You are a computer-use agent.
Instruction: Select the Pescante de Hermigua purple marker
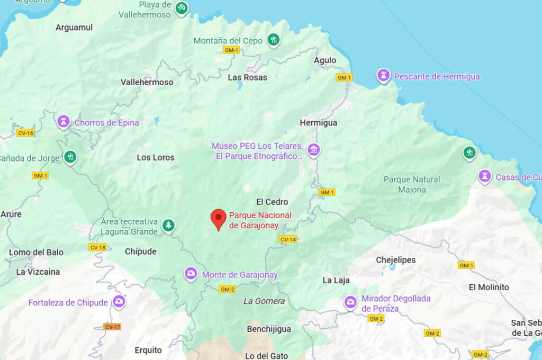383,76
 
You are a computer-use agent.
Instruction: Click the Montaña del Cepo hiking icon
273,40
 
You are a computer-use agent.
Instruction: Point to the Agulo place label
325,60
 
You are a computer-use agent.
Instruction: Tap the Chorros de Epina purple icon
64,122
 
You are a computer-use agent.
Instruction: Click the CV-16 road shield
25,133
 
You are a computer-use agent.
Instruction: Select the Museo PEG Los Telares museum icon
314,150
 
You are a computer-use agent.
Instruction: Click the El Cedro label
272,202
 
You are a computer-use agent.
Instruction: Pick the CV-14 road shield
288,239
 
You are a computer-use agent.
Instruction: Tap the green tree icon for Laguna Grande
168,226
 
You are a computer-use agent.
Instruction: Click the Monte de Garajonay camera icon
191,274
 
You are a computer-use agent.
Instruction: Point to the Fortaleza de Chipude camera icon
119,302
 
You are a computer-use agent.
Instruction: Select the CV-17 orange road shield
112,327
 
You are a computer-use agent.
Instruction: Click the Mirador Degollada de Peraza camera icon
350,302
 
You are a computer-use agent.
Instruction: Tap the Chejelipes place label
395,260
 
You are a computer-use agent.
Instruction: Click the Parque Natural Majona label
412,184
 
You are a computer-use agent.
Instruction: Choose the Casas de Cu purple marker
484,176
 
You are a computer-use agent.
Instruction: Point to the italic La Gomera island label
264,301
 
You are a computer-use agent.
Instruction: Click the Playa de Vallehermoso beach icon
182,8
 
